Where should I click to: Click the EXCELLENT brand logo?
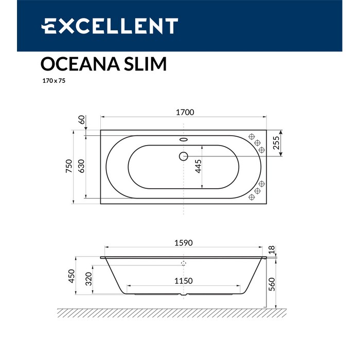[x=110, y=25]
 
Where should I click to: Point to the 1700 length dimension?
[x=184, y=113]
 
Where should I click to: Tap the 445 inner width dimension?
[x=198, y=167]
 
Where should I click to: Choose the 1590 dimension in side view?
[x=184, y=243]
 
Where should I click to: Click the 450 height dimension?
[x=71, y=276]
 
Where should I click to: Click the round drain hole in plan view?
[x=184, y=156]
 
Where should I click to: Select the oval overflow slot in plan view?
[x=184, y=138]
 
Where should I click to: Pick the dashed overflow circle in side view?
[x=184, y=263]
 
